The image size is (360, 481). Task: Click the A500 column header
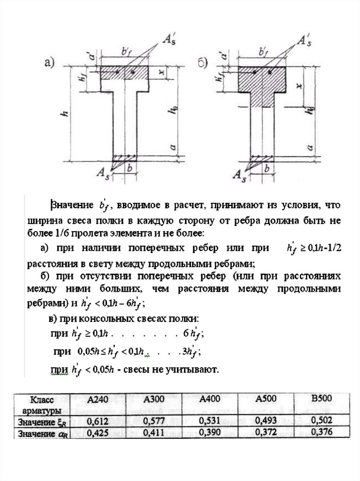267,399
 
